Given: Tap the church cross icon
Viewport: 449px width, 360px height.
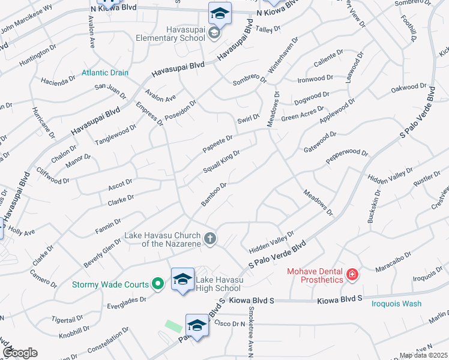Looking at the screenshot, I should click(x=209, y=239).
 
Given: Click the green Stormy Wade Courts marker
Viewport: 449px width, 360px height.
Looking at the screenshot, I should click(x=158, y=284).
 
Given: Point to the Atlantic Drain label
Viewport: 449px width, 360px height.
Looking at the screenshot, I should click(x=105, y=73).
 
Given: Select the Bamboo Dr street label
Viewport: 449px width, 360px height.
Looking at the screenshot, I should click(x=214, y=194).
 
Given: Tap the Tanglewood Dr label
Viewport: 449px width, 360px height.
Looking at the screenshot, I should click(x=116, y=135).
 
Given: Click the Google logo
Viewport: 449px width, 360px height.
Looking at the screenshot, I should click(x=20, y=353).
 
